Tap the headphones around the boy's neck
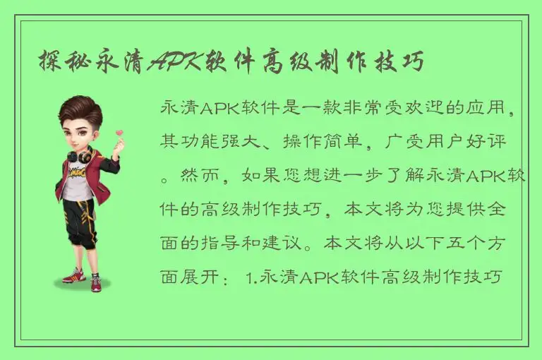pos(79,155)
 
